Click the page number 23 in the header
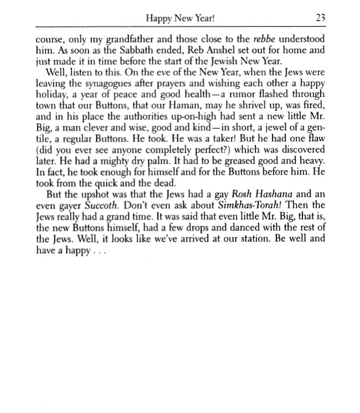click(320, 18)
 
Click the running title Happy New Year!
click(179, 18)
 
